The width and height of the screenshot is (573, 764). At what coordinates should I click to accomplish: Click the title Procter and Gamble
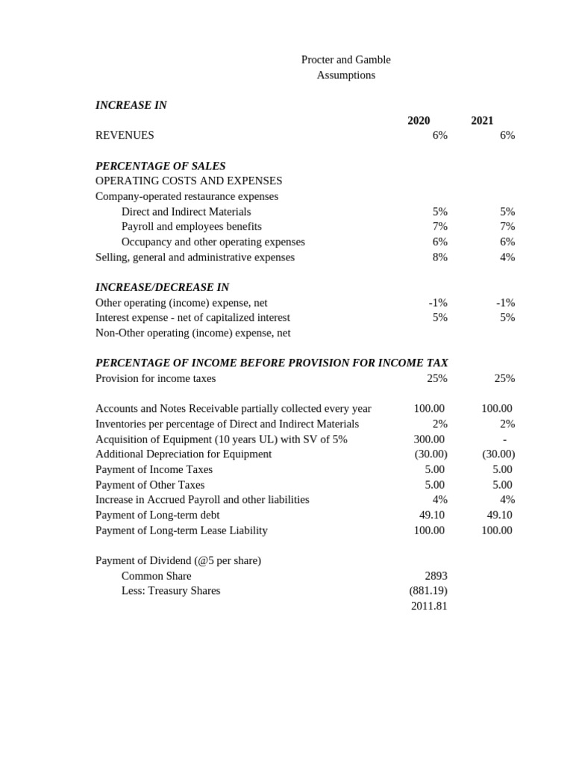click(x=345, y=60)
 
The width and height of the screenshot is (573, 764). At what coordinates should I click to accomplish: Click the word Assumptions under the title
click(x=345, y=75)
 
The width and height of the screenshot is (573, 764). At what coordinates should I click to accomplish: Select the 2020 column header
click(x=419, y=121)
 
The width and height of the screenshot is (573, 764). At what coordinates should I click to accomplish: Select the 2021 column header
click(x=482, y=121)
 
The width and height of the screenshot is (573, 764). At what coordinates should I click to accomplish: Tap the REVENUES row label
click(x=125, y=136)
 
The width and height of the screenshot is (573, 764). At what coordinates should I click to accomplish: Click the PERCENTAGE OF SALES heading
click(x=160, y=166)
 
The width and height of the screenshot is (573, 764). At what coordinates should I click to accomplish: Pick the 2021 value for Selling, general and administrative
click(x=507, y=257)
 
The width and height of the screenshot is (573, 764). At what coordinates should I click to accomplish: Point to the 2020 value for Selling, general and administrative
click(x=440, y=257)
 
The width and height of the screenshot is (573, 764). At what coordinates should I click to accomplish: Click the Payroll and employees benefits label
click(x=192, y=227)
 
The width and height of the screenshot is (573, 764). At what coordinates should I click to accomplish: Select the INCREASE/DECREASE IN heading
click(x=162, y=287)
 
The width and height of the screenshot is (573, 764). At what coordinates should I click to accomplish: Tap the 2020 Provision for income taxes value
click(x=437, y=378)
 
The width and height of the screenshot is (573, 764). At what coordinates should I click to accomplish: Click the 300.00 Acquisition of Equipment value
click(x=429, y=439)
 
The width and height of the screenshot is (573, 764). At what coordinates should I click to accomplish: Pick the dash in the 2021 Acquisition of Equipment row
click(x=505, y=439)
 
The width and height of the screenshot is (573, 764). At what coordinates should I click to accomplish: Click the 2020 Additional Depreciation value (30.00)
click(x=430, y=454)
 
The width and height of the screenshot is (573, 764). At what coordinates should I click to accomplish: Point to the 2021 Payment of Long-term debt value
click(x=499, y=515)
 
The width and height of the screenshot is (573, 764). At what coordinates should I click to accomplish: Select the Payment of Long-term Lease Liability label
click(x=181, y=530)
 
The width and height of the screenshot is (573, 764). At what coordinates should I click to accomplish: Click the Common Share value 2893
click(x=436, y=576)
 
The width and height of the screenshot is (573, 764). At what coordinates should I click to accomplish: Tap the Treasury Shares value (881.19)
click(x=428, y=591)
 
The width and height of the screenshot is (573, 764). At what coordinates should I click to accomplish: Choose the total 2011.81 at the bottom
click(x=429, y=607)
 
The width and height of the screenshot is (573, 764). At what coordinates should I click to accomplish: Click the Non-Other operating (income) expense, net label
click(x=193, y=333)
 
